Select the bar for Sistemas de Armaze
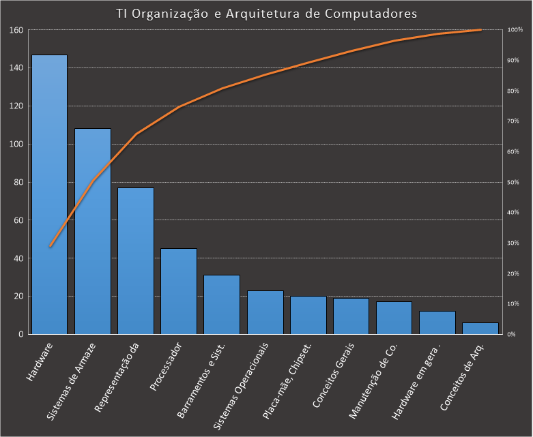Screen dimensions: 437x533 point(93,231)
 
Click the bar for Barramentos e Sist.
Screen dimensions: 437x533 point(222,305)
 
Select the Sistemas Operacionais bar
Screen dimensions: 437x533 point(265,312)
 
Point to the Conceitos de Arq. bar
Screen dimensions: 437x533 point(480,329)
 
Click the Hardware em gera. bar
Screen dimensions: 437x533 point(437,322)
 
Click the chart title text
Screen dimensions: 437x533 point(266,13)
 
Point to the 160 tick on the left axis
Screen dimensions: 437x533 point(16,30)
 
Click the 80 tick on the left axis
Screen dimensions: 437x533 point(18,182)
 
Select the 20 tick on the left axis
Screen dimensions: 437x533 point(18,297)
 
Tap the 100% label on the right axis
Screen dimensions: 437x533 point(515,30)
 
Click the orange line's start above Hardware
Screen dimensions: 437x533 point(50,246)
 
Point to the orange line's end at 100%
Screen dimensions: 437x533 point(481,30)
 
